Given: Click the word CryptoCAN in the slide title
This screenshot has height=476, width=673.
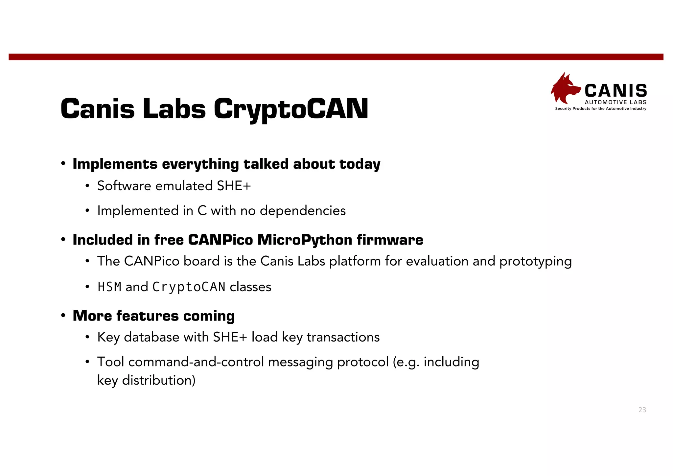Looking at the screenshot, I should [x=291, y=109].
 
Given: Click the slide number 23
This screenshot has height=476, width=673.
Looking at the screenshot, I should [x=642, y=410].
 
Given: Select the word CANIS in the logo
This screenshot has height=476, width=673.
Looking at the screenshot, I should [x=616, y=90].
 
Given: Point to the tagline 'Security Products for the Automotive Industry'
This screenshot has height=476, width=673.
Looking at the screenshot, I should [x=601, y=108].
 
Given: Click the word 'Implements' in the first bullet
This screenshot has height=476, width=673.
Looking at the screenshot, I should [x=115, y=164].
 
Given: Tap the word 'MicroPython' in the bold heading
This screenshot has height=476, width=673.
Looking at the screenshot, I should [x=305, y=240].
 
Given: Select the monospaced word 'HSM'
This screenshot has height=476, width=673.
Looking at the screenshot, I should [x=109, y=287].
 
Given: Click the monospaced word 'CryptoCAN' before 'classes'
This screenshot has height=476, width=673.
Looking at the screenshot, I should [x=189, y=287].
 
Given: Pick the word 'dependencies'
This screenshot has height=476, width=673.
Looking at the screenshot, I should [x=303, y=210].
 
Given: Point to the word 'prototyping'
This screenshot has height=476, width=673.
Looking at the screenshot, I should [x=536, y=261].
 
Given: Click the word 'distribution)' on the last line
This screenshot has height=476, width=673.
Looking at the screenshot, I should [x=159, y=380].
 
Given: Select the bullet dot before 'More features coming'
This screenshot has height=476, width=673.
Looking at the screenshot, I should [x=63, y=316].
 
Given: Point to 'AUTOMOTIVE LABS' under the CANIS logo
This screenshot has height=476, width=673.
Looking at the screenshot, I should [x=615, y=102].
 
